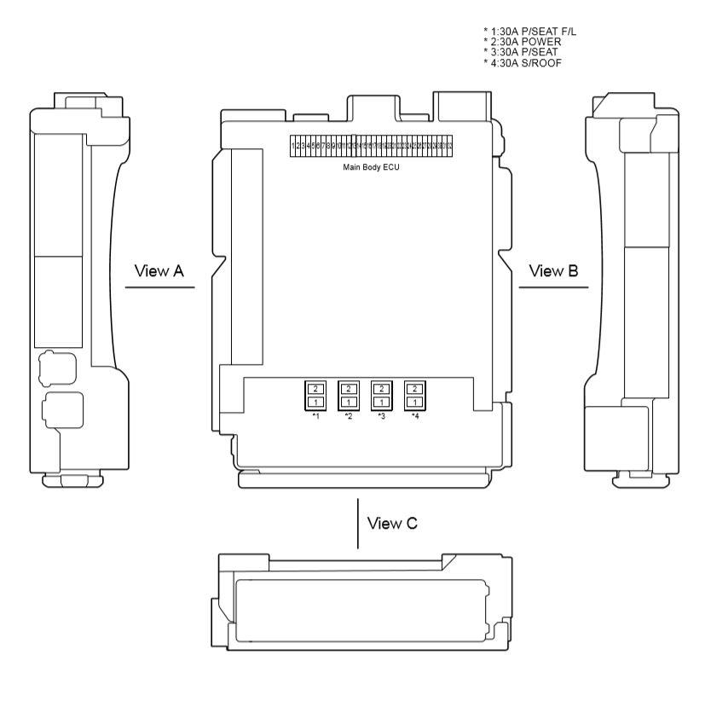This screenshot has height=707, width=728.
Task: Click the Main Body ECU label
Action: click(371, 166)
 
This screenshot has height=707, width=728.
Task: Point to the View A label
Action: click(159, 271)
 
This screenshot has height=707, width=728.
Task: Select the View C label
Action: click(392, 523)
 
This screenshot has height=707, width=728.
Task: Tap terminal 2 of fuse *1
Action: click(315, 389)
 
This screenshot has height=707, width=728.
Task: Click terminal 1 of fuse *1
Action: click(315, 402)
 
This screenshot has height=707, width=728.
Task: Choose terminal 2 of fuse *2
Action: click(348, 389)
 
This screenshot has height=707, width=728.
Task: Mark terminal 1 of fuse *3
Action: click(381, 402)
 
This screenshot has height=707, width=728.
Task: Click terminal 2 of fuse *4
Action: click(414, 389)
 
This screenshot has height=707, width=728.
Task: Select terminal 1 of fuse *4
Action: click(414, 402)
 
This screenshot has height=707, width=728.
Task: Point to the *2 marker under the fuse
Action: click(348, 416)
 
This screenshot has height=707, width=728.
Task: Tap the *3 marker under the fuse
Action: click(381, 416)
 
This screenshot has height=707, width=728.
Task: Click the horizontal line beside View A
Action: click(159, 287)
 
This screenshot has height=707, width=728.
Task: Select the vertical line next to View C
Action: click(358, 524)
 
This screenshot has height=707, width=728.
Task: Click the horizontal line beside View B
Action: click(553, 287)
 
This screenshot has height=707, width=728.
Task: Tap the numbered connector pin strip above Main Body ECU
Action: click(371, 146)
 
